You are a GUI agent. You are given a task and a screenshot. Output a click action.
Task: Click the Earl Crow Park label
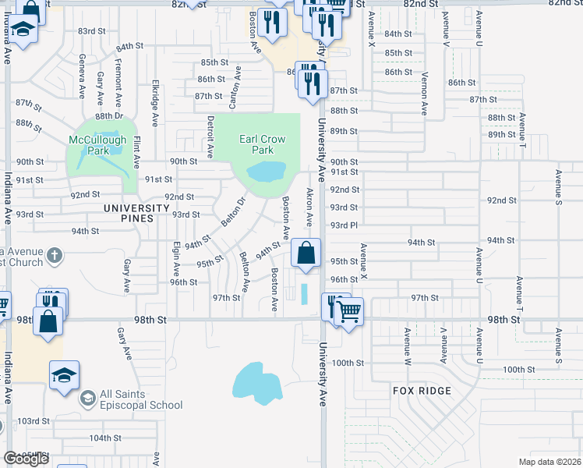[x=262, y=144]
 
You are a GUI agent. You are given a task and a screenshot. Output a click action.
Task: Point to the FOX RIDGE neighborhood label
[x=423, y=391]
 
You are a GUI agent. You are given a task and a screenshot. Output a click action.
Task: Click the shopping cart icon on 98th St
[x=349, y=311]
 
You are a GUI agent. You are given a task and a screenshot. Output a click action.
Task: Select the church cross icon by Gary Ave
[x=54, y=255]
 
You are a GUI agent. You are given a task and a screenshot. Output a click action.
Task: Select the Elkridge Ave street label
[x=156, y=103]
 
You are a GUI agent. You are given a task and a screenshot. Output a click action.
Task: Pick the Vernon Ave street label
[x=425, y=94]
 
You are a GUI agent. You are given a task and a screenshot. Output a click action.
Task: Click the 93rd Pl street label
[x=343, y=225]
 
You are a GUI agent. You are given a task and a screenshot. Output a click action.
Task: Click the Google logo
[x=26, y=459]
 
